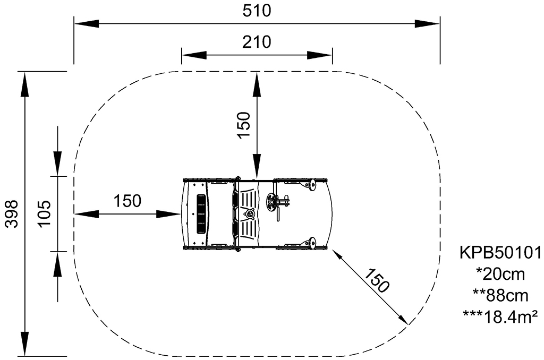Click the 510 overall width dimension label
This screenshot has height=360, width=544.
(x=257, y=11)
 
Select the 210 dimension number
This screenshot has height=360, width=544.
(x=257, y=42)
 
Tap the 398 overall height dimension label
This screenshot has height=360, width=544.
(x=13, y=213)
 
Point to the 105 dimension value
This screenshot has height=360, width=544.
(x=45, y=213)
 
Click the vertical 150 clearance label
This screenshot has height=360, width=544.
(x=243, y=125)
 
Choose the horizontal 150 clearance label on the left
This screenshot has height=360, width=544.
(x=127, y=201)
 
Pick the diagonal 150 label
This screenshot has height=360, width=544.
(x=377, y=280)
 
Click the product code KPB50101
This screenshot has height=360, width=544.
(x=500, y=253)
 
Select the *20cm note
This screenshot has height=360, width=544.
(x=500, y=275)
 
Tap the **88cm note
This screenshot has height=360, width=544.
(x=500, y=296)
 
